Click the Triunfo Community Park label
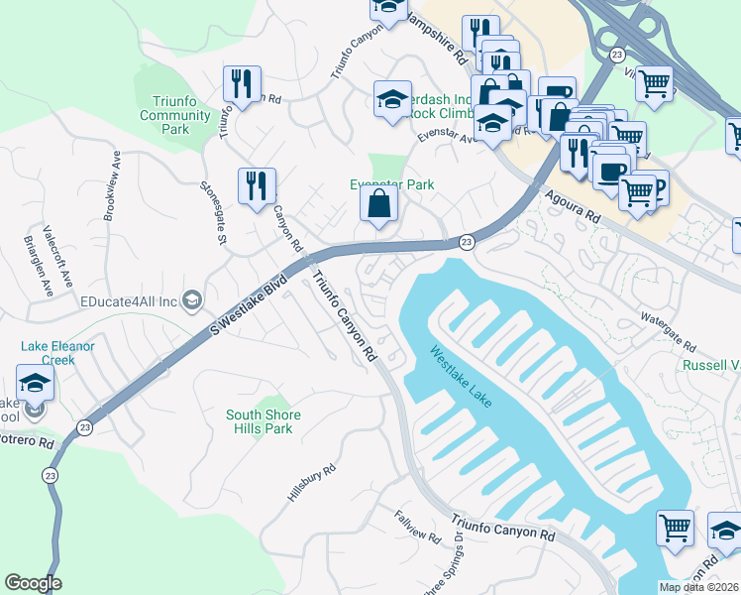(175, 115)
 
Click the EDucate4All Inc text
(128, 300)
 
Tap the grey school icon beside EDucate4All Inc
(192, 300)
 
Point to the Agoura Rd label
(574, 205)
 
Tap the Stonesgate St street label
(214, 209)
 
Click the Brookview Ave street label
(110, 185)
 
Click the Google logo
(33, 583)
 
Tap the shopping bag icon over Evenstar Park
(379, 206)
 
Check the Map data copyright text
(698, 587)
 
